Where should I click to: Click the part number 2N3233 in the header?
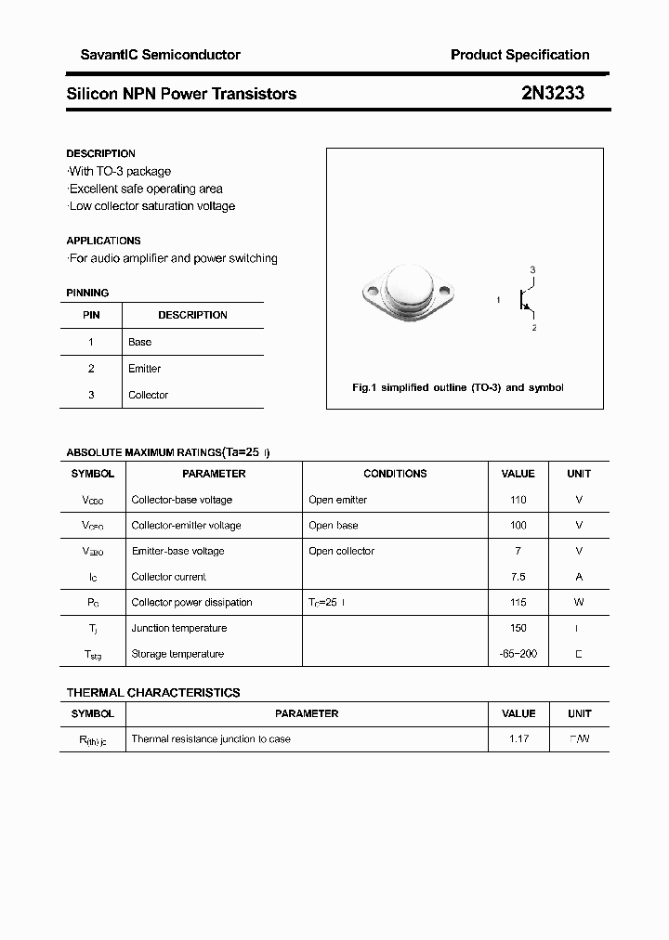553,94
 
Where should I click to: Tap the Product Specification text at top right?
519,55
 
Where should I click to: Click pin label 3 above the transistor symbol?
532,269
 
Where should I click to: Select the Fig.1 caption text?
458,387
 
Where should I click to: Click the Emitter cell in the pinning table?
144,369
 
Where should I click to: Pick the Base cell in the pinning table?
139,342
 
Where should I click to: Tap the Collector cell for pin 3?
148,395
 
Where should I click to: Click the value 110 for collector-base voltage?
518,500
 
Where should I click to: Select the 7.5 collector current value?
518,577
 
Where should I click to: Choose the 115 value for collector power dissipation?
518,603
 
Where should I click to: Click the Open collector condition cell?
341,551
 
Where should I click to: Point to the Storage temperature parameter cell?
177,654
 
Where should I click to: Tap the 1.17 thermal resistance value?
518,739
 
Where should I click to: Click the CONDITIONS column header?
395,474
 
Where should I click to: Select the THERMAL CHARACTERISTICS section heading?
153,693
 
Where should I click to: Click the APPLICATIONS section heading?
103,241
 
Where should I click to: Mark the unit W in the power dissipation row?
579,603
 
